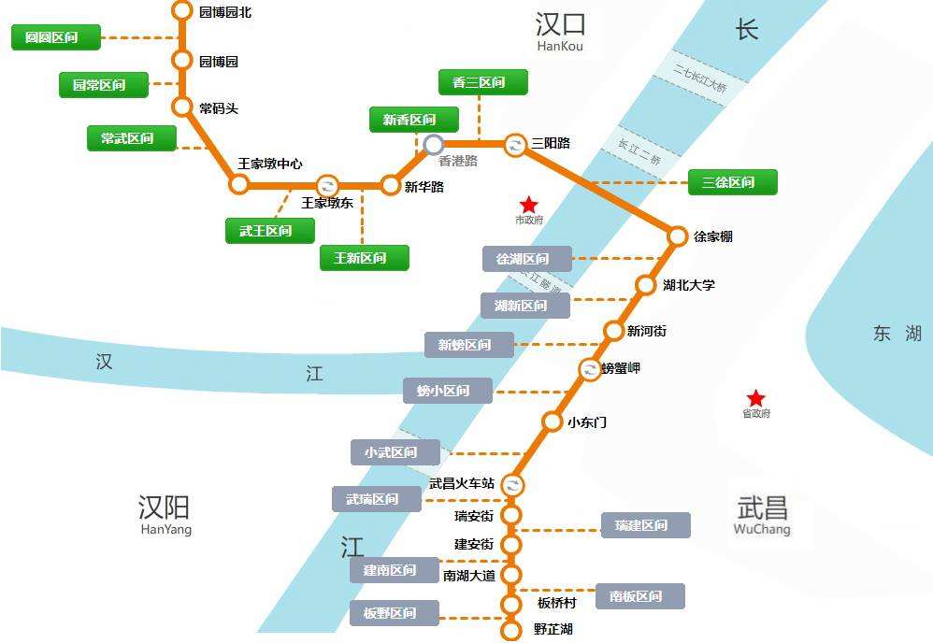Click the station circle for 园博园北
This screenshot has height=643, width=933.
click(182, 11)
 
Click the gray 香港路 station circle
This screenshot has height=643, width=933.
click(434, 144)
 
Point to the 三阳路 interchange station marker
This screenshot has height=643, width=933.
click(515, 145)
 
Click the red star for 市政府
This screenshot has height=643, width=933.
click(529, 205)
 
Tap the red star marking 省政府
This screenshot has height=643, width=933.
click(756, 398)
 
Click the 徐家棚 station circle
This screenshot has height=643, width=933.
click(678, 236)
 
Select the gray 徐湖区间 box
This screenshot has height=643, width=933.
click(526, 259)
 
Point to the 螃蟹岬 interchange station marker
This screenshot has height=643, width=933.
click(590, 370)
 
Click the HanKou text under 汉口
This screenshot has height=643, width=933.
click(560, 46)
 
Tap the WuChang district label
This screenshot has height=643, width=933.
click(762, 529)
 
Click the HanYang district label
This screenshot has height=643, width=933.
click(165, 529)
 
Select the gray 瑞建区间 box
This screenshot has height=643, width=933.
click(645, 525)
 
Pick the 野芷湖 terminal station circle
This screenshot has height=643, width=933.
click(511, 631)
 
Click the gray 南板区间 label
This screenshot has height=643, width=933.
click(639, 596)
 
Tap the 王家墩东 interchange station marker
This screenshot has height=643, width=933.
click(327, 184)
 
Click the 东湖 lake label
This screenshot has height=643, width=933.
click(897, 334)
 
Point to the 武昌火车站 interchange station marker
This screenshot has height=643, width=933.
click(512, 484)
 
